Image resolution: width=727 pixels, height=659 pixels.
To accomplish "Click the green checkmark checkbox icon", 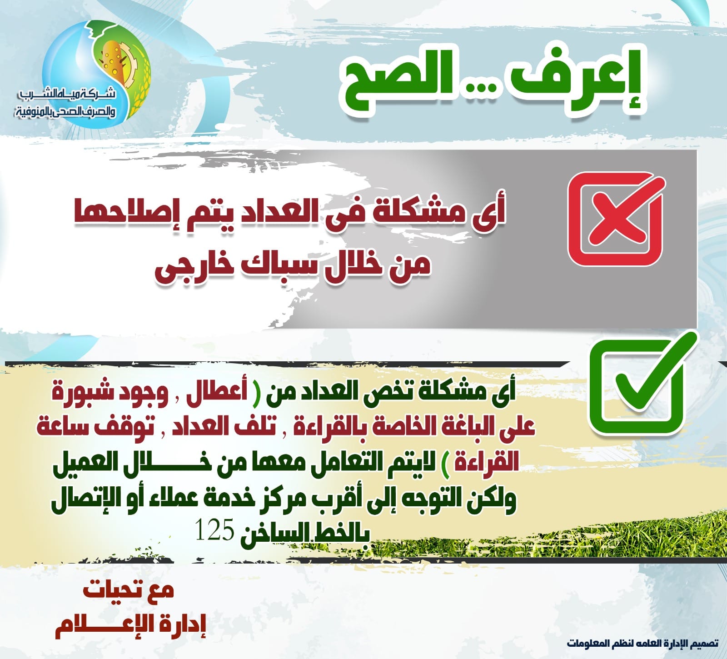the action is (641, 384).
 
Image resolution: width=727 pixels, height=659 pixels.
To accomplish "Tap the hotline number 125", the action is (214, 530).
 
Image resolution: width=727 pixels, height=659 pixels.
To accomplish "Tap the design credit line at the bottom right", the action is (642, 643).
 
